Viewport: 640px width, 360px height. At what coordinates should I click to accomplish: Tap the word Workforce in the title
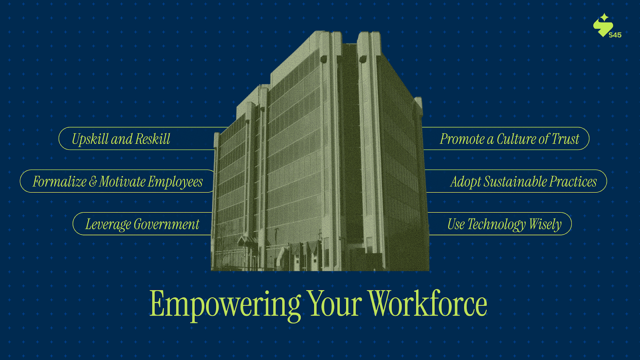coord(427,304)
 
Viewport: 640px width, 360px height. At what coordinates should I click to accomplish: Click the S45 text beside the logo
coord(615,35)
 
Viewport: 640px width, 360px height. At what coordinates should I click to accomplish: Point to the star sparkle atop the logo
coord(604,17)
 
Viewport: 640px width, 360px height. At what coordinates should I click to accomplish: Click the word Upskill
coord(90,140)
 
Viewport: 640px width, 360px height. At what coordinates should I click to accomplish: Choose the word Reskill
coord(152,139)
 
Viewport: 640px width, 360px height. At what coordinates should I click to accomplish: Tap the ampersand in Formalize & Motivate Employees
coord(92,182)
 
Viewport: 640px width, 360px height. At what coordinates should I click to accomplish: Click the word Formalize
coord(60,182)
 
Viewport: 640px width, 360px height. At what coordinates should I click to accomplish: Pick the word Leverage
coord(108,224)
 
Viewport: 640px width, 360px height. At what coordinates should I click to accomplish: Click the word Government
coord(166,224)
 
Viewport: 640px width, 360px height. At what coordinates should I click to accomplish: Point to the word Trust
coord(565,139)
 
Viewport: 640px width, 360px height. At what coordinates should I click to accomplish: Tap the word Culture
coord(516,139)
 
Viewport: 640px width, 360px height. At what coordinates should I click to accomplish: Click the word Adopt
coord(465,182)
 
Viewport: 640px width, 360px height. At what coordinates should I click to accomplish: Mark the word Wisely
coord(545,224)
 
